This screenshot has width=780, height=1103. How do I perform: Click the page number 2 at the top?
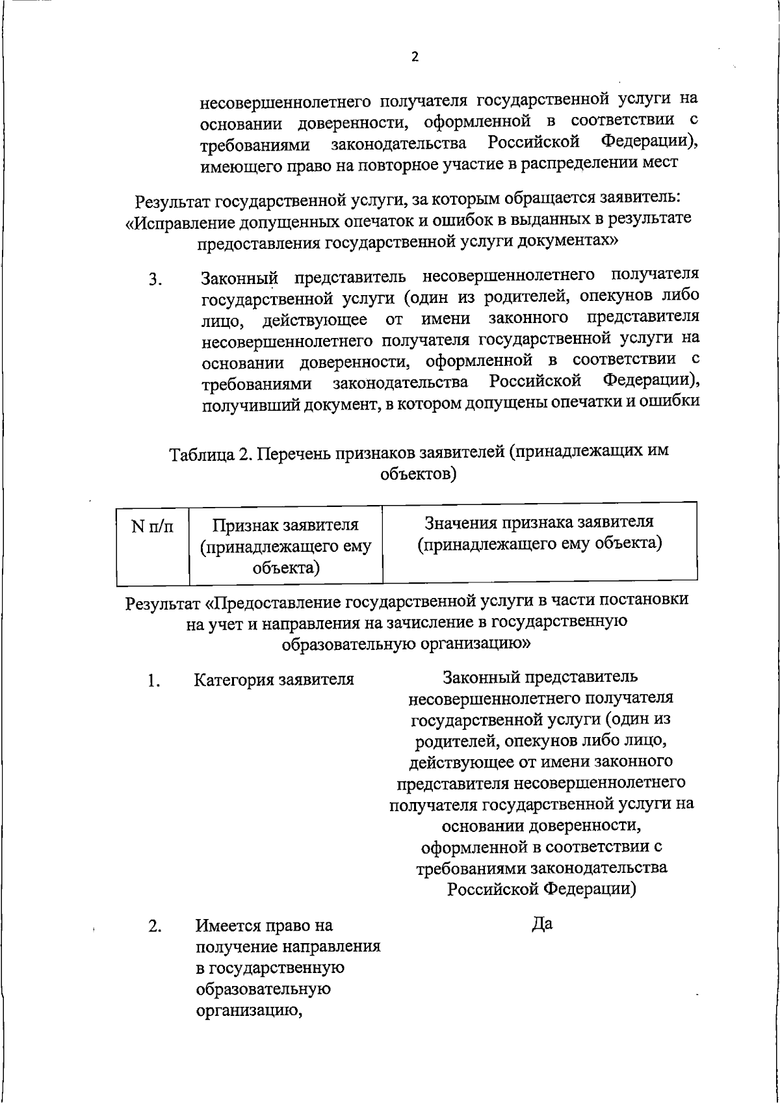coord(415,57)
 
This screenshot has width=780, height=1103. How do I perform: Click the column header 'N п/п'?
coord(153,526)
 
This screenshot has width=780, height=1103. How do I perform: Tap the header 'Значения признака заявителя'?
coord(539,522)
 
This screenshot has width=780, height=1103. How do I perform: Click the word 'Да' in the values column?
coord(541,924)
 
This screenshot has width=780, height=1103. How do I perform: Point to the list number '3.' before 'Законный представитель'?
coord(155,281)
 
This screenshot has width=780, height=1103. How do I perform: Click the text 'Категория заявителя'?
coord(274,680)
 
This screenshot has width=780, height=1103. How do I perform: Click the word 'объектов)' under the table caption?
coord(418,474)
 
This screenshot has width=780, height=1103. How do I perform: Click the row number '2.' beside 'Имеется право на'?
coord(154,926)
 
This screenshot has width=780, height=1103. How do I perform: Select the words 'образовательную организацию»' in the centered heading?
coord(407,643)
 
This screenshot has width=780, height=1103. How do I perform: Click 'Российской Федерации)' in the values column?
coord(541,889)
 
